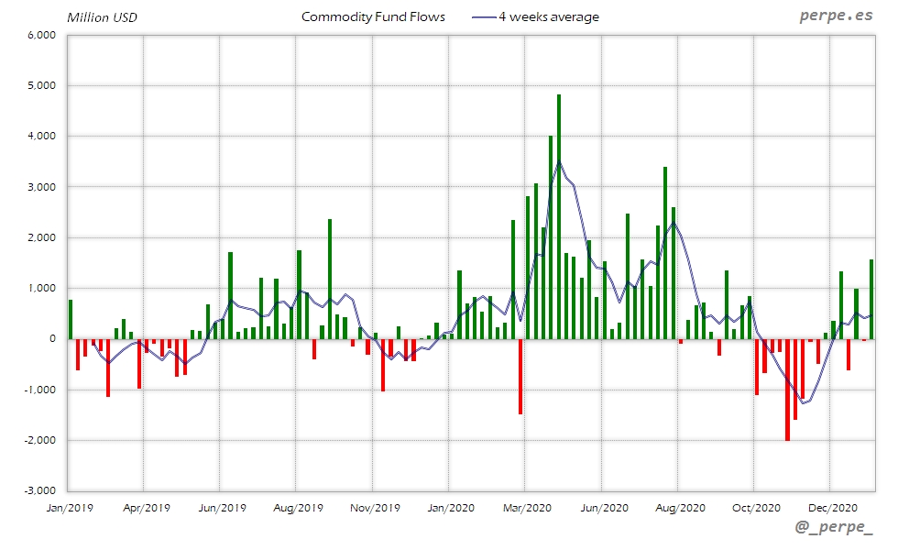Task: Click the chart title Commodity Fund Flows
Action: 373,16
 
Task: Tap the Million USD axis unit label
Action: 102,17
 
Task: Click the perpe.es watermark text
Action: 836,16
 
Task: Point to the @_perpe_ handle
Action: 834,529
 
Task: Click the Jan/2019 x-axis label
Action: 69,506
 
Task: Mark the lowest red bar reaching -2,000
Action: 787,390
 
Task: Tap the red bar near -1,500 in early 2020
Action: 520,376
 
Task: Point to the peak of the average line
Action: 559,162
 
